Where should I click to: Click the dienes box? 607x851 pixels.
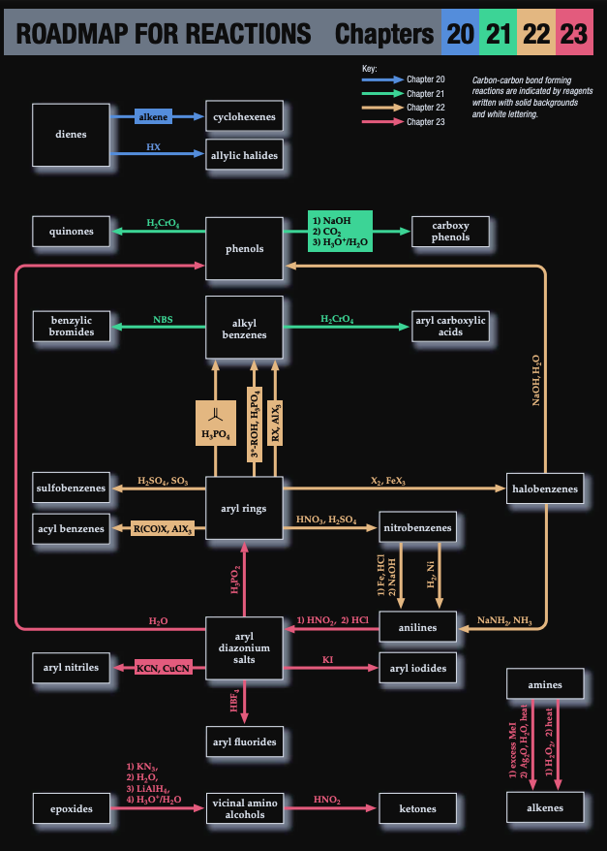click(x=71, y=135)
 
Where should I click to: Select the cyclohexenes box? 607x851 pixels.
click(x=244, y=117)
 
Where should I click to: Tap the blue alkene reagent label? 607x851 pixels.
click(x=153, y=117)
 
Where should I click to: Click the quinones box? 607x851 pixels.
click(x=71, y=232)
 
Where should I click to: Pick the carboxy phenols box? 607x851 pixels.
click(x=451, y=232)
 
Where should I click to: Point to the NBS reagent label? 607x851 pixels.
click(x=163, y=319)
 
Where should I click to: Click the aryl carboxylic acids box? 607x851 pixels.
click(x=451, y=326)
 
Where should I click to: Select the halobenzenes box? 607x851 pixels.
click(x=546, y=489)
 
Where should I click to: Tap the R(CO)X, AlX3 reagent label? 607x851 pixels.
click(x=163, y=529)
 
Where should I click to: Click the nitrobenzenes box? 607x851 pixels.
click(x=417, y=529)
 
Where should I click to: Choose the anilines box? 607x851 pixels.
click(x=417, y=628)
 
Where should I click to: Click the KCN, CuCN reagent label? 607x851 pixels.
click(x=162, y=668)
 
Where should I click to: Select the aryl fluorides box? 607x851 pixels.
click(x=244, y=742)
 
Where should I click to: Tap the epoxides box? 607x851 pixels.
click(x=71, y=808)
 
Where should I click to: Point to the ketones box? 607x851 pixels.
click(x=417, y=808)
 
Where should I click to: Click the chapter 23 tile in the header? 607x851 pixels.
click(x=573, y=35)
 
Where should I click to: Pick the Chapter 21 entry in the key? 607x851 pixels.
click(x=425, y=93)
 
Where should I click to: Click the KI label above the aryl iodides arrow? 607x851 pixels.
click(x=327, y=659)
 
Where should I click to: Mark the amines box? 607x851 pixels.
click(x=545, y=685)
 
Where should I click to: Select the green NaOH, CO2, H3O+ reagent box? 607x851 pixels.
click(x=341, y=232)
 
